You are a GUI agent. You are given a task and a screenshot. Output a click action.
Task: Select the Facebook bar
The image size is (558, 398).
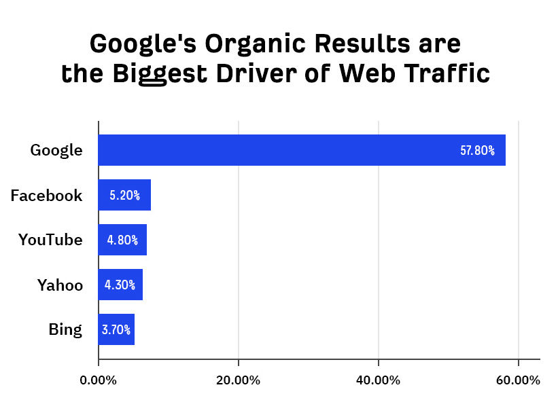[124, 196]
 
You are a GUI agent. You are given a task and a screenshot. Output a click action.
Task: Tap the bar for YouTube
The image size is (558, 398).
[122, 240]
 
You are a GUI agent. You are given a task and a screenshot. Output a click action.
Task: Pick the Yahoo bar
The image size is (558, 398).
[120, 285]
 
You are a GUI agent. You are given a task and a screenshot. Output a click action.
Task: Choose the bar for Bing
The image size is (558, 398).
[116, 329]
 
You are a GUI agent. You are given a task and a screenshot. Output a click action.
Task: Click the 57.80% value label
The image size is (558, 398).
[477, 151]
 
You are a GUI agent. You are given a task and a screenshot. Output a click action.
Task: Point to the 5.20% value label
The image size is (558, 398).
[124, 196]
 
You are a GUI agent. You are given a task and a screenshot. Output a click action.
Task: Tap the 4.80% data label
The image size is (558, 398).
[122, 240]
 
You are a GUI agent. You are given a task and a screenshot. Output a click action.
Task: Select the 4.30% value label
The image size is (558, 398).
[120, 285]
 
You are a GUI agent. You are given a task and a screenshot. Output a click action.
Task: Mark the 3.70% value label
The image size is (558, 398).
[116, 329]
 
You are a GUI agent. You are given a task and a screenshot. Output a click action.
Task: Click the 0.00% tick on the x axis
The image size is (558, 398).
[99, 380]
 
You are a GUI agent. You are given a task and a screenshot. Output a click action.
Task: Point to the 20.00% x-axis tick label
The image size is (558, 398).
[238, 380]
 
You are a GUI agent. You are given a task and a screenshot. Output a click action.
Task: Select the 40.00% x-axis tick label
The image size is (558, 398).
[378, 380]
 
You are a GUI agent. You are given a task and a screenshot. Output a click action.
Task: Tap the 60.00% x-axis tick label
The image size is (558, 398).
[518, 380]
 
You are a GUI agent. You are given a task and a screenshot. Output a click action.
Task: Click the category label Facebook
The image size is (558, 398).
[46, 196]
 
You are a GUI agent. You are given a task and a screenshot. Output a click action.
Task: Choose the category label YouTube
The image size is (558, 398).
[50, 240]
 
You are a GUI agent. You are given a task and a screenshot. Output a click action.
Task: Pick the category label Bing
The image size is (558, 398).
[65, 330]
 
